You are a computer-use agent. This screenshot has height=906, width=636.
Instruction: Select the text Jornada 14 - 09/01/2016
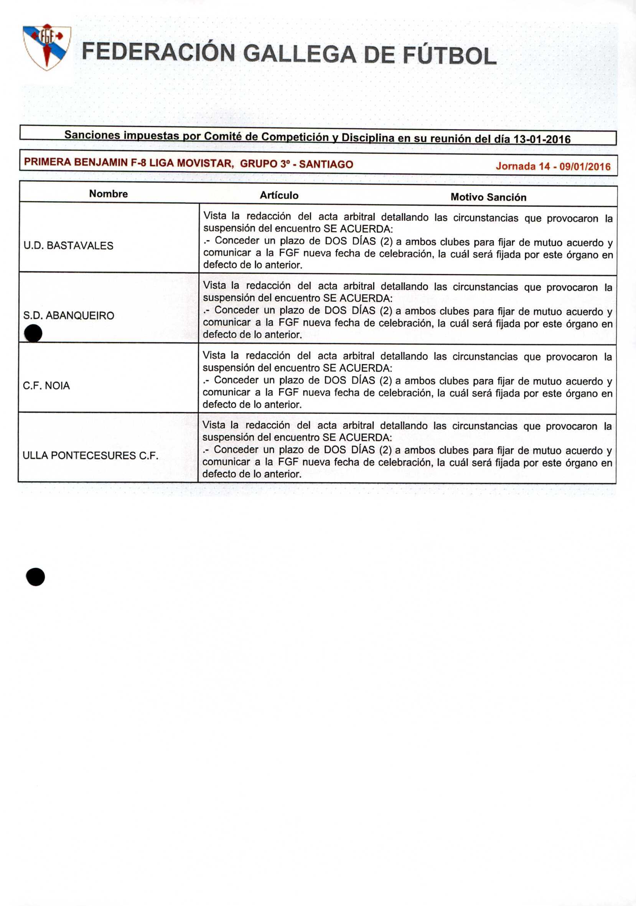click(553, 166)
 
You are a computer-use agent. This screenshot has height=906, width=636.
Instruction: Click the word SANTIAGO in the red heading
click(326, 164)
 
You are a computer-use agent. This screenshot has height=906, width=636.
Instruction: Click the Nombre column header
click(108, 194)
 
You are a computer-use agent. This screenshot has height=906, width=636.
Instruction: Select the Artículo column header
click(279, 195)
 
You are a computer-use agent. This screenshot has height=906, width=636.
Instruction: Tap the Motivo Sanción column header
click(488, 197)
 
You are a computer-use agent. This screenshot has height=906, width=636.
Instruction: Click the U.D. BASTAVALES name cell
click(68, 245)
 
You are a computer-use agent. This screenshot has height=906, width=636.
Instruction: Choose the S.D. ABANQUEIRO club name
click(69, 315)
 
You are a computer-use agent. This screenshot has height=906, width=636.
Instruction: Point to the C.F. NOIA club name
click(46, 386)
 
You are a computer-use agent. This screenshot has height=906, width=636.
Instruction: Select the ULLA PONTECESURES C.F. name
click(91, 455)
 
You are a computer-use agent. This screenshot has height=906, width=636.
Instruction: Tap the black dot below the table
click(36, 577)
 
